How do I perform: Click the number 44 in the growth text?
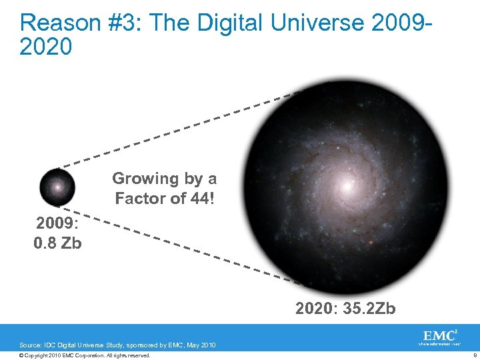[x=198, y=198]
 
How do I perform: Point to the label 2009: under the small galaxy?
[x=57, y=223]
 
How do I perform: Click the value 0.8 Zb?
[x=57, y=243]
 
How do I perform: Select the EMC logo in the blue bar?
[x=439, y=335]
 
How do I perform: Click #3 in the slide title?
[x=114, y=23]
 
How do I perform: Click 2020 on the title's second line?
[x=46, y=47]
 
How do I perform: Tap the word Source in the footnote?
[x=30, y=345]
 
